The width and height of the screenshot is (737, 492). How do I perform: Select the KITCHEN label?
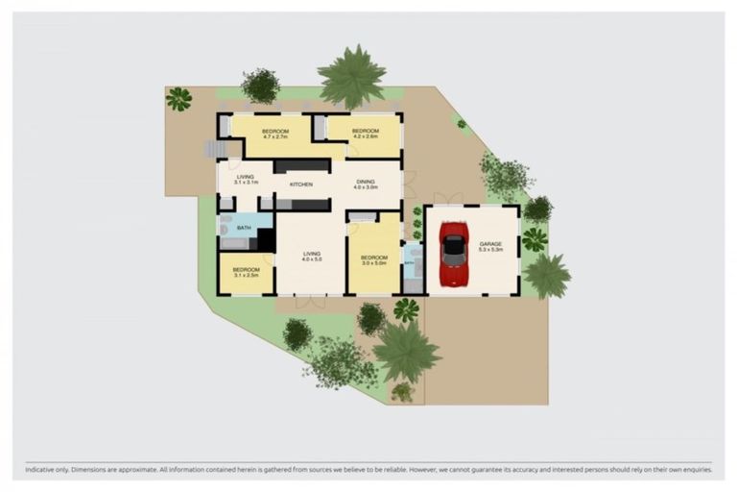tap(301, 184)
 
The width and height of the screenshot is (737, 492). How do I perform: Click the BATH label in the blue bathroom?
tap(244, 228)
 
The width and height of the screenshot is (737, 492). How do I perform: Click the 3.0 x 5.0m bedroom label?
tap(373, 259)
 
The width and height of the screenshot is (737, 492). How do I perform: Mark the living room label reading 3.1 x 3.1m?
tap(246, 180)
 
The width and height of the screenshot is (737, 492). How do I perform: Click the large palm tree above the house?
tap(351, 75)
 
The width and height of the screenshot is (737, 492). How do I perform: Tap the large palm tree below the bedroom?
tap(406, 350)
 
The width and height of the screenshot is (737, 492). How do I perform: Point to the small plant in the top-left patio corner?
tap(178, 98)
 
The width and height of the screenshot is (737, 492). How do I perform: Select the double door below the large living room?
tap(310, 301)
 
